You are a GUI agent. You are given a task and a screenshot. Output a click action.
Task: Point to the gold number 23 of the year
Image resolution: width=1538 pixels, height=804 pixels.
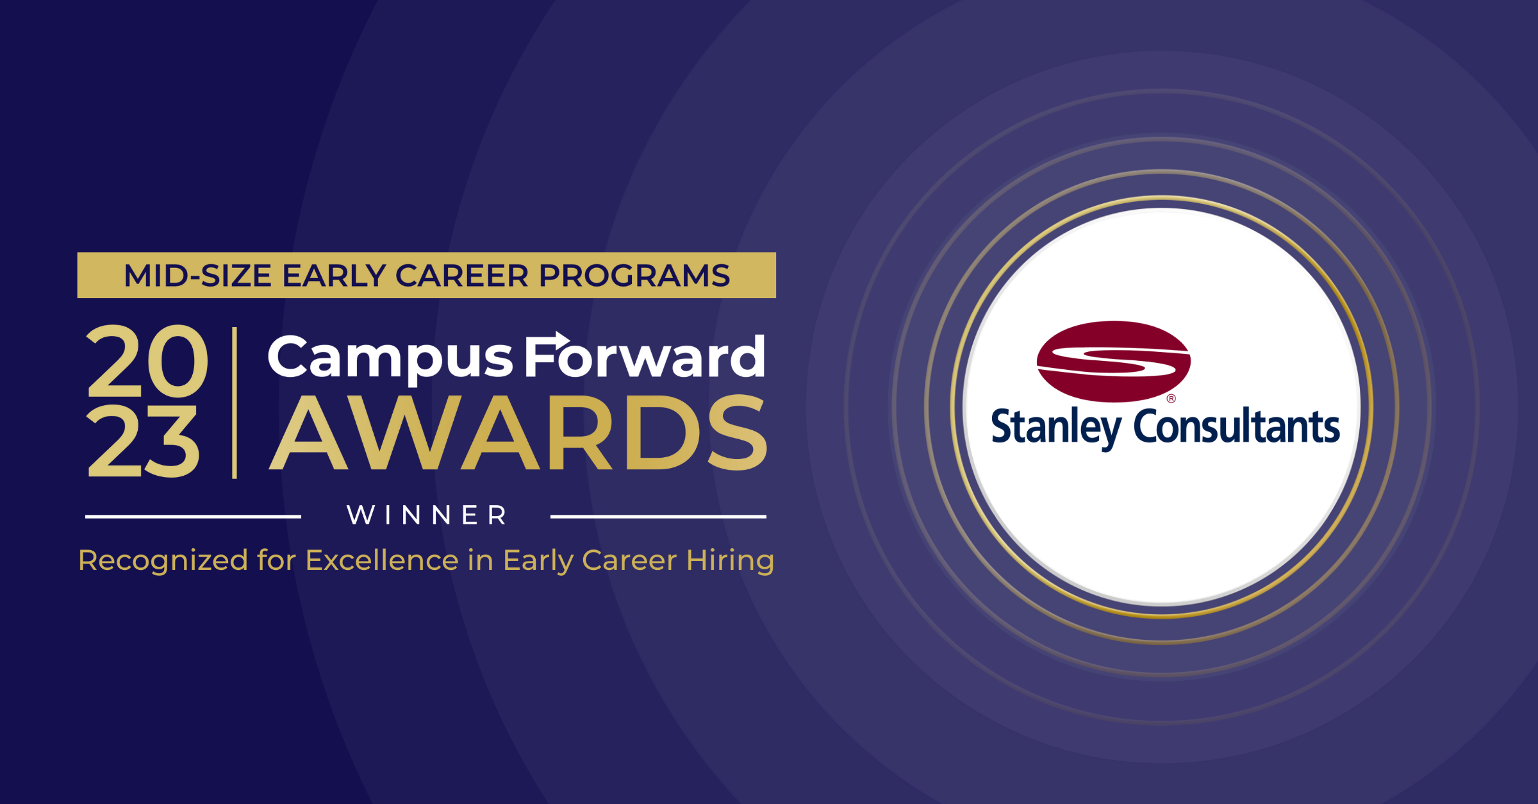(142, 441)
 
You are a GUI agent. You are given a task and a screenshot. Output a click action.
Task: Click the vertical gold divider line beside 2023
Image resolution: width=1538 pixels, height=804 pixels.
(235, 403)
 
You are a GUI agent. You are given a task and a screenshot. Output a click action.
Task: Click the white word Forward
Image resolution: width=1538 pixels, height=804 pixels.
(645, 355)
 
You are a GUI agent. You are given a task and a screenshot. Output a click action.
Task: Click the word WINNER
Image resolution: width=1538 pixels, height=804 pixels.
(427, 515)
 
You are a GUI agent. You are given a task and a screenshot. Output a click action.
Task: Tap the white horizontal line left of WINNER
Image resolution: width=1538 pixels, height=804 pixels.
(193, 516)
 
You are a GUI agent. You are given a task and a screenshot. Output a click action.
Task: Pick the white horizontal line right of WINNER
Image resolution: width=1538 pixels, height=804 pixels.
(658, 516)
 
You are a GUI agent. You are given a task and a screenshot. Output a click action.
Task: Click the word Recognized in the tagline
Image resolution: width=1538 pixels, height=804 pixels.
(163, 561)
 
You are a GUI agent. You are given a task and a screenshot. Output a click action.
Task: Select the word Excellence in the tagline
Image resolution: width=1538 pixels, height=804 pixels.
(383, 560)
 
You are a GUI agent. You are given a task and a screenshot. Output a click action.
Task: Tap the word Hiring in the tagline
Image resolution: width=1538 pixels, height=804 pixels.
(731, 561)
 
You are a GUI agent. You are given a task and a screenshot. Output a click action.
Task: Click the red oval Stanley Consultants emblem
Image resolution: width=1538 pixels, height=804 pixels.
(1114, 362)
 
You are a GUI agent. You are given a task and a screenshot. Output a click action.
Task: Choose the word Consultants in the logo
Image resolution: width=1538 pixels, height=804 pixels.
(1237, 426)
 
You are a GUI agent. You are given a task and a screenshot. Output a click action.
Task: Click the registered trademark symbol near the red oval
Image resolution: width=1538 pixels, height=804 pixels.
(1171, 399)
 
